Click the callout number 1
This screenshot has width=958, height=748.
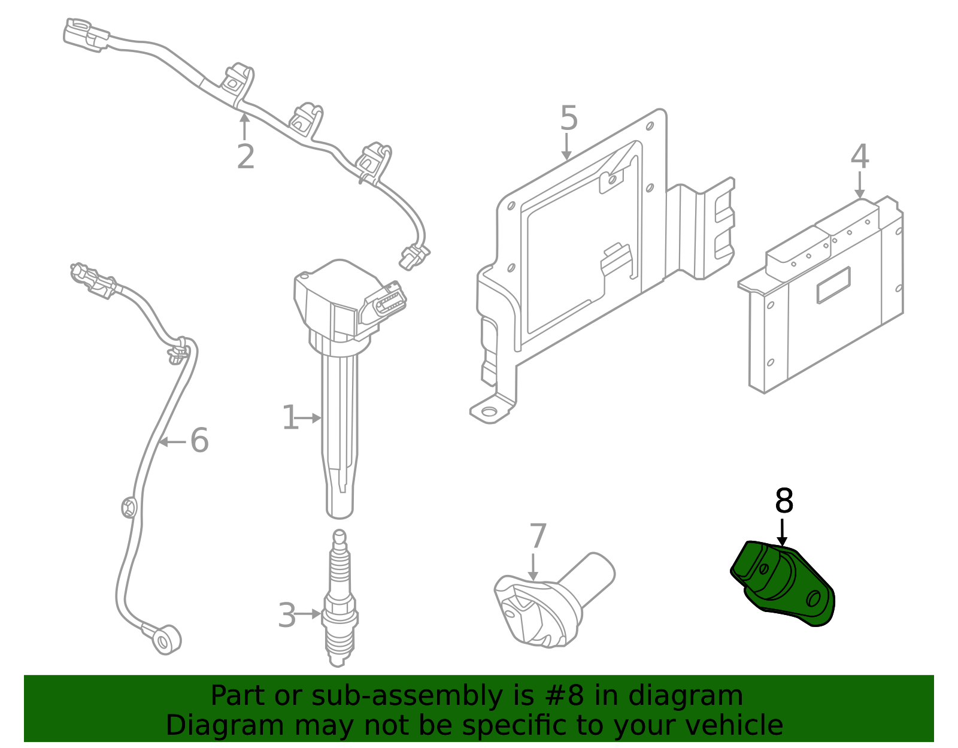coord(290,417)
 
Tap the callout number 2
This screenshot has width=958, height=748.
coord(245,157)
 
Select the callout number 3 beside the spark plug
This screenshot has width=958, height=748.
coord(287,615)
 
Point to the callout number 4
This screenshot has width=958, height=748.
coord(860,157)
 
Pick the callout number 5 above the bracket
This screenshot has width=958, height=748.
coord(569,118)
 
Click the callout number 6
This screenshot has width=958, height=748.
coord(199,441)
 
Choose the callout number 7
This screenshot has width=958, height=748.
coord(538,536)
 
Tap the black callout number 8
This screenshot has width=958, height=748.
coord(784,501)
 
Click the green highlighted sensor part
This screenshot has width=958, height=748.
coord(784,584)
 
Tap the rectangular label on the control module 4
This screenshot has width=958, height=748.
coord(833,285)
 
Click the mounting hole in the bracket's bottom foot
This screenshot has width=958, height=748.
coord(489,411)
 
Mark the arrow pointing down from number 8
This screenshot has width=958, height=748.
coord(782,532)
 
